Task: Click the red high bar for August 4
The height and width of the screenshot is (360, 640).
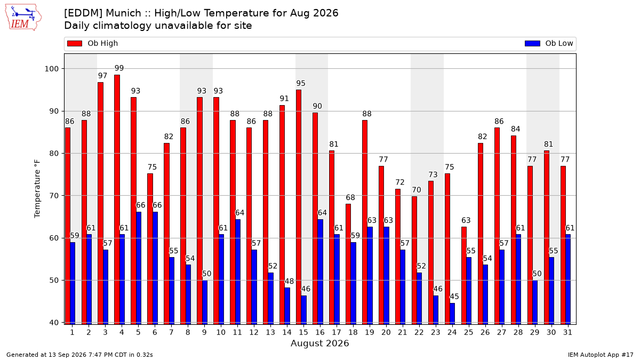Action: point(117,199)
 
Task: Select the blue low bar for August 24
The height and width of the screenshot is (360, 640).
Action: point(452,314)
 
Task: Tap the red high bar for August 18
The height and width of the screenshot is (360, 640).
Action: point(348,264)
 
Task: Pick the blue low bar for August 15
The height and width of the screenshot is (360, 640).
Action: point(303,310)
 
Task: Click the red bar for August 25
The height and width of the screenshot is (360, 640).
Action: point(463,275)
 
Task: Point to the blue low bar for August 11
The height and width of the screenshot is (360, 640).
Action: point(238,271)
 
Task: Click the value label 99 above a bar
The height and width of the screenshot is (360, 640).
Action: point(119,68)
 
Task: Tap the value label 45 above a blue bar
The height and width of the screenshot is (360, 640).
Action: point(454,297)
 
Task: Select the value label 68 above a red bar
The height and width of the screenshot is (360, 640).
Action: point(350,197)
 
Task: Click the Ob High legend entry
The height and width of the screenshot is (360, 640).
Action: point(92,43)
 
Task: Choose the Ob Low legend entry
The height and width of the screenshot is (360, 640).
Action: point(549,43)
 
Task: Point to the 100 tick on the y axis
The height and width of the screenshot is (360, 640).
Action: point(51,69)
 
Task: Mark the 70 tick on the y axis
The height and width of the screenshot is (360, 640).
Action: point(54,196)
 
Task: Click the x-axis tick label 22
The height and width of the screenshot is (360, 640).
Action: point(419,333)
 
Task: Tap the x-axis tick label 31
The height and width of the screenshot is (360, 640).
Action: point(567,333)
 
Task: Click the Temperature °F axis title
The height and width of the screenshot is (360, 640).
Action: point(37,189)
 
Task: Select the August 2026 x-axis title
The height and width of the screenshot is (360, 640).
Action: point(319,343)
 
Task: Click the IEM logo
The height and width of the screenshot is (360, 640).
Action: point(23,18)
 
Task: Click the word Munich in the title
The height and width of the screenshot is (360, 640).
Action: point(123,13)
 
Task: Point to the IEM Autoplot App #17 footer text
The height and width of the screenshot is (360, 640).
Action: point(601,355)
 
